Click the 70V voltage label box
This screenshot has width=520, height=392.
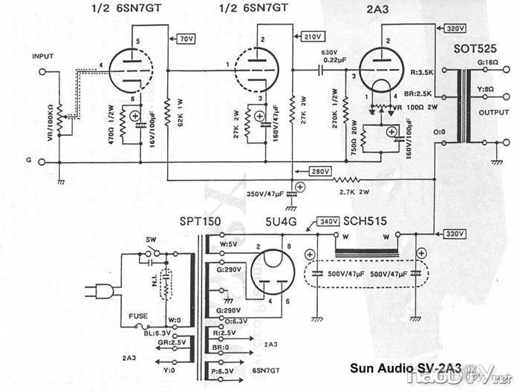point(186,37)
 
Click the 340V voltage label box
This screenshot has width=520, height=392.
point(328,221)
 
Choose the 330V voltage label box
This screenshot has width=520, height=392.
point(454,234)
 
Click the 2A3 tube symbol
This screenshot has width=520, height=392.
point(380,71)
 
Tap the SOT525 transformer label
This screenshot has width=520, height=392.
point(475,49)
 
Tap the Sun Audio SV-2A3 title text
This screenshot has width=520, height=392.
point(405,367)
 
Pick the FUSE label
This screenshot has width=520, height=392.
point(139,316)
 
